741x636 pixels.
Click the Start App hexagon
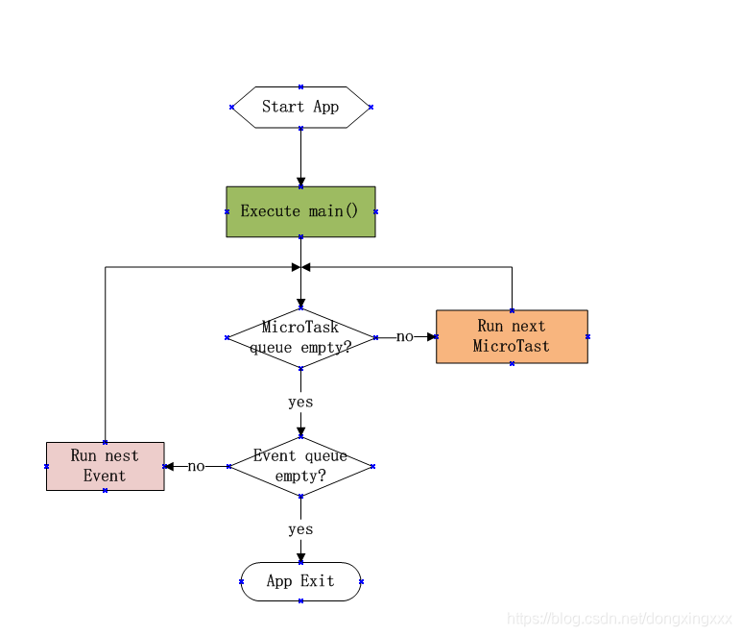click(300, 107)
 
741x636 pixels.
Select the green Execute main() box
click(300, 211)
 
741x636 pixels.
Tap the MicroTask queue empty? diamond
click(300, 337)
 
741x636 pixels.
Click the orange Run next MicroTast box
click(512, 336)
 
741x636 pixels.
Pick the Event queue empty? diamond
click(300, 466)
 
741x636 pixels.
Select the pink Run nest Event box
click(105, 466)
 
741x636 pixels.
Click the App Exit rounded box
click(300, 581)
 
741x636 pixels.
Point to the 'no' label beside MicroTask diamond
click(404, 337)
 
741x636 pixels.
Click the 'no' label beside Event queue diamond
click(196, 467)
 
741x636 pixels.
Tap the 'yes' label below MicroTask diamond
click(300, 402)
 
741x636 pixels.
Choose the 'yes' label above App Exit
click(300, 529)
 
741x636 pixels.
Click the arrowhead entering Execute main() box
click(300, 181)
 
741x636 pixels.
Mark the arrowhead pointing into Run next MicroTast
click(431, 337)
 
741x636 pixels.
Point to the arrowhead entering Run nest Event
click(170, 466)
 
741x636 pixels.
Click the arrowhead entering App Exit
click(300, 556)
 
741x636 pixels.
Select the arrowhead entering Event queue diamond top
click(300, 431)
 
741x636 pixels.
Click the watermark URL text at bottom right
click(619, 620)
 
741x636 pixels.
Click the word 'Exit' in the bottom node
click(318, 581)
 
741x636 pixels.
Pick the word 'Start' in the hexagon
click(283, 107)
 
